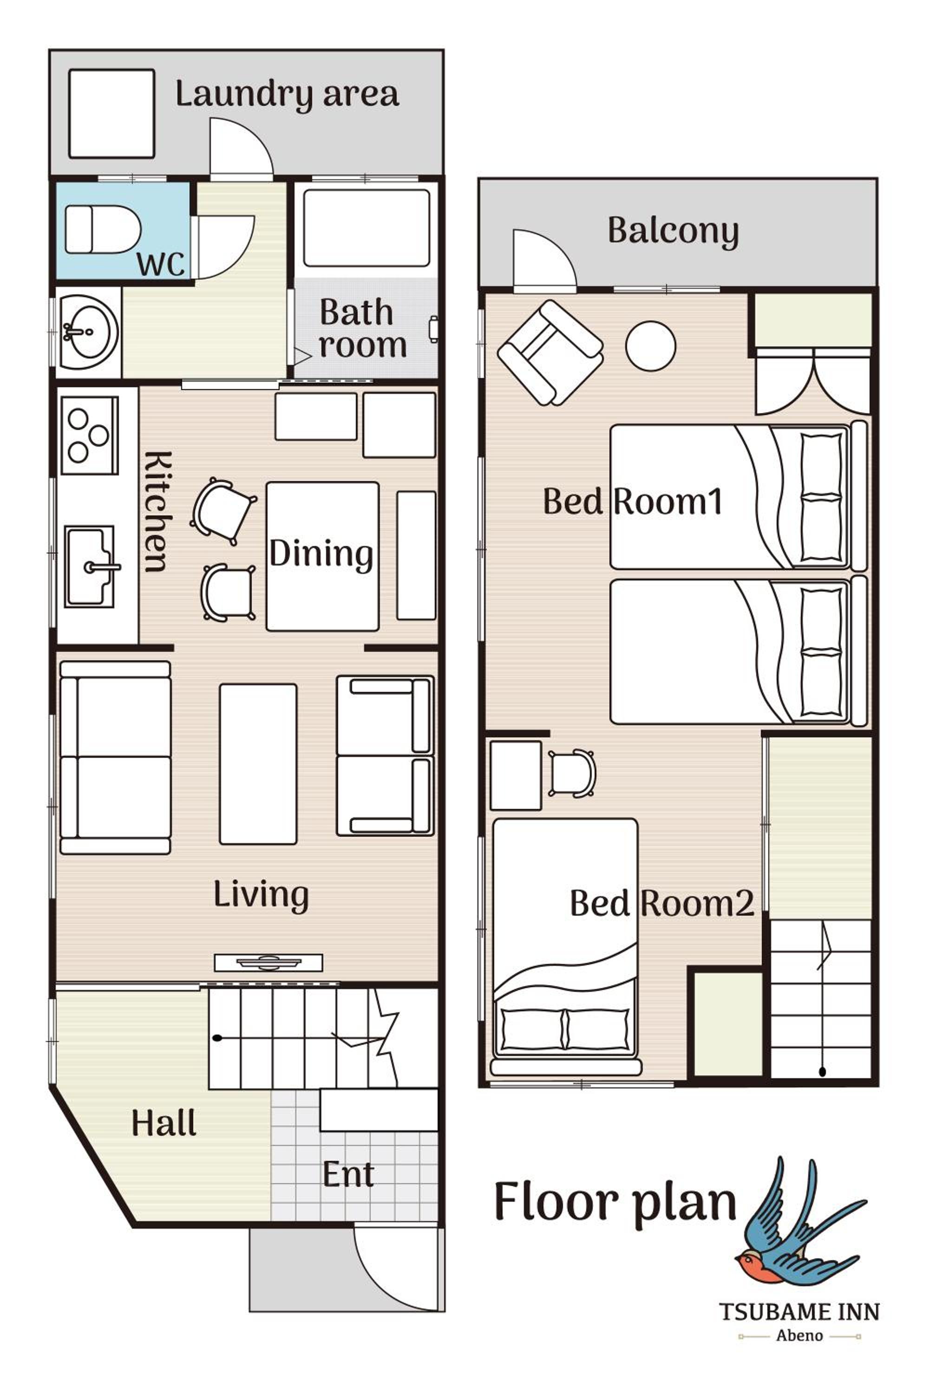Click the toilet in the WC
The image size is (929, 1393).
coord(102,229)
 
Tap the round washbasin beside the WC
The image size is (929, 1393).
coord(88,332)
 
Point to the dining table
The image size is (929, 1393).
coord(322,556)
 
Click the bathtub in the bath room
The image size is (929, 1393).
coord(366,228)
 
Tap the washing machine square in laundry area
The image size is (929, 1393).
coord(111,114)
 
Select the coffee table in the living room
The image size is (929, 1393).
coord(258,764)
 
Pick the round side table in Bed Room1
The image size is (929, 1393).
coord(651,346)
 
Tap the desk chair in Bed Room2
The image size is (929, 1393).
coord(572,774)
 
